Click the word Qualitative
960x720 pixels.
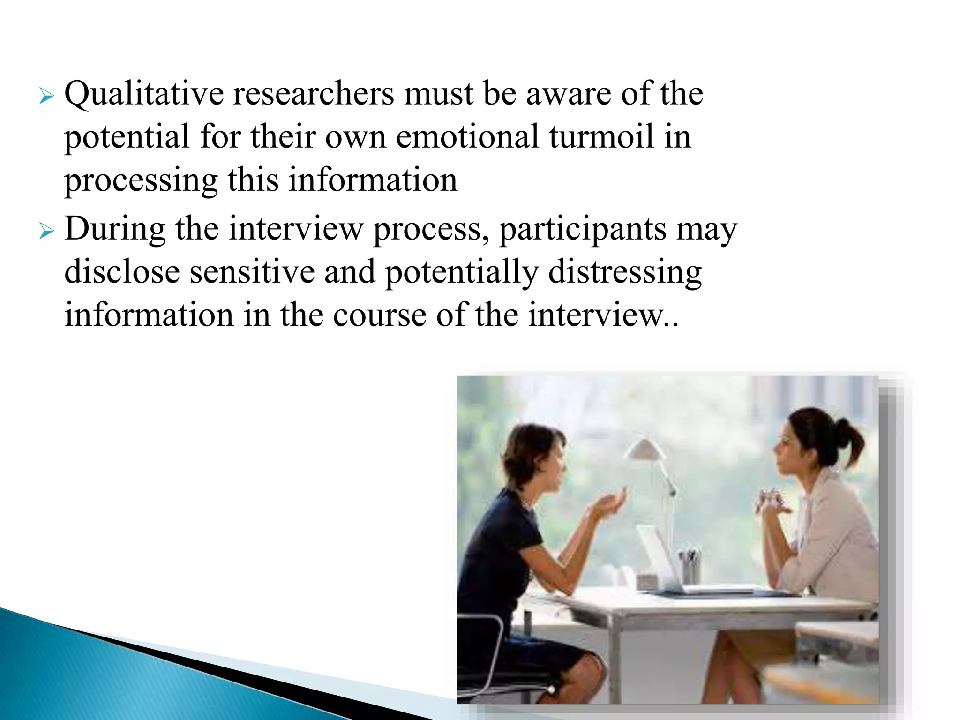click(x=144, y=94)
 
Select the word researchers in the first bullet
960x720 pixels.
click(x=313, y=94)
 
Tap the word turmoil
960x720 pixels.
click(x=601, y=137)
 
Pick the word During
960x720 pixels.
click(x=115, y=229)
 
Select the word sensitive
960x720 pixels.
click(x=252, y=272)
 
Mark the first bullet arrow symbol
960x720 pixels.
click(x=46, y=97)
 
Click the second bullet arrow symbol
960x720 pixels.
click(x=46, y=232)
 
